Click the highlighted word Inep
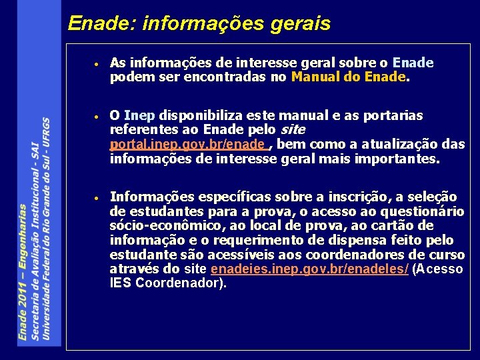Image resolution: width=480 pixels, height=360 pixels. pos(139,116)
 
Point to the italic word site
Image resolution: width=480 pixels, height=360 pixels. pos(293,129)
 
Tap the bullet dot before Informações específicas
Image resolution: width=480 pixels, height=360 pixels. pos(97,199)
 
